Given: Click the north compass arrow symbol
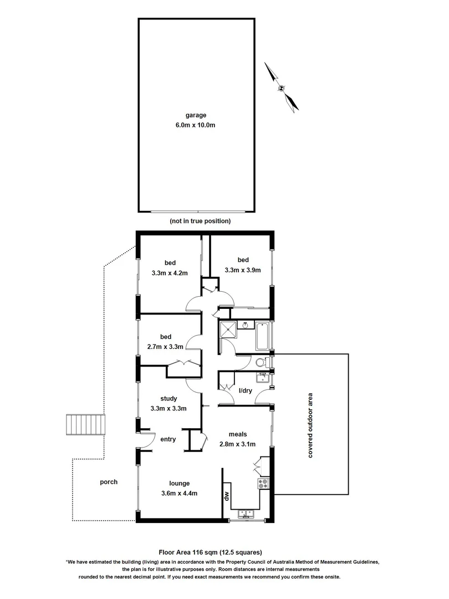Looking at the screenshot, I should tap(282, 88).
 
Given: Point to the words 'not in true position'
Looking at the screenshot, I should tap(200, 221).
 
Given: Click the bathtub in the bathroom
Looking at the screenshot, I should tap(262, 336).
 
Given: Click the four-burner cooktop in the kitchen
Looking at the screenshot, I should tap(263, 483).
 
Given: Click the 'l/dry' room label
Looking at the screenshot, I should tap(246, 391).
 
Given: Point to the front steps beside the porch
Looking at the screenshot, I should tap(85, 425).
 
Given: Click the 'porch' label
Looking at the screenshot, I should tap(109, 482).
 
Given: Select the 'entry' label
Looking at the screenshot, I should tap(168, 439).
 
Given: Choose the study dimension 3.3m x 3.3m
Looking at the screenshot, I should tap(168, 408).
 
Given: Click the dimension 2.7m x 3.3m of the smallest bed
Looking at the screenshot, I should tap(166, 346).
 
